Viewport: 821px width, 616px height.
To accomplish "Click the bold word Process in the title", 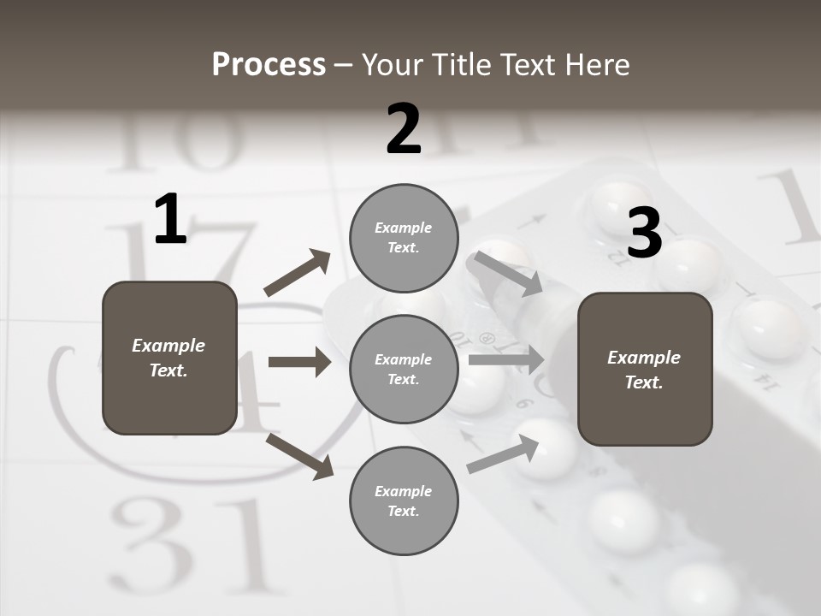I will pyautogui.click(x=269, y=64).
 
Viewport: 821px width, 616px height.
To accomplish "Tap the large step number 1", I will pyautogui.click(x=170, y=219).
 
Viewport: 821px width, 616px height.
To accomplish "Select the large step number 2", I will pyautogui.click(x=404, y=129).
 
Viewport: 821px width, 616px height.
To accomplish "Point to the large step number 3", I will pyautogui.click(x=645, y=234).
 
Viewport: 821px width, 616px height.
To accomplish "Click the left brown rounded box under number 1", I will pyautogui.click(x=169, y=358).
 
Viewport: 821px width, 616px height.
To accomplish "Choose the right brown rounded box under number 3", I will pyautogui.click(x=645, y=370).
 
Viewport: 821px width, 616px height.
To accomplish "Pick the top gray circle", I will pyautogui.click(x=404, y=238).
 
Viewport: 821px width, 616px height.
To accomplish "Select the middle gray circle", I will pyautogui.click(x=404, y=370).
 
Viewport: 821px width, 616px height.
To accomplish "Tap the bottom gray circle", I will pyautogui.click(x=404, y=501).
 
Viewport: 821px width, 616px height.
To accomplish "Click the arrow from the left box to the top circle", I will pyautogui.click(x=298, y=273).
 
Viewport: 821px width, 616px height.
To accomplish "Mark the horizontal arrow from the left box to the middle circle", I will pyautogui.click(x=299, y=362).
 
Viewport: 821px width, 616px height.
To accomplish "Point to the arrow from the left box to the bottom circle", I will pyautogui.click(x=299, y=456).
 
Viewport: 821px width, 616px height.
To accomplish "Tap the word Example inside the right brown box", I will pyautogui.click(x=644, y=358).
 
